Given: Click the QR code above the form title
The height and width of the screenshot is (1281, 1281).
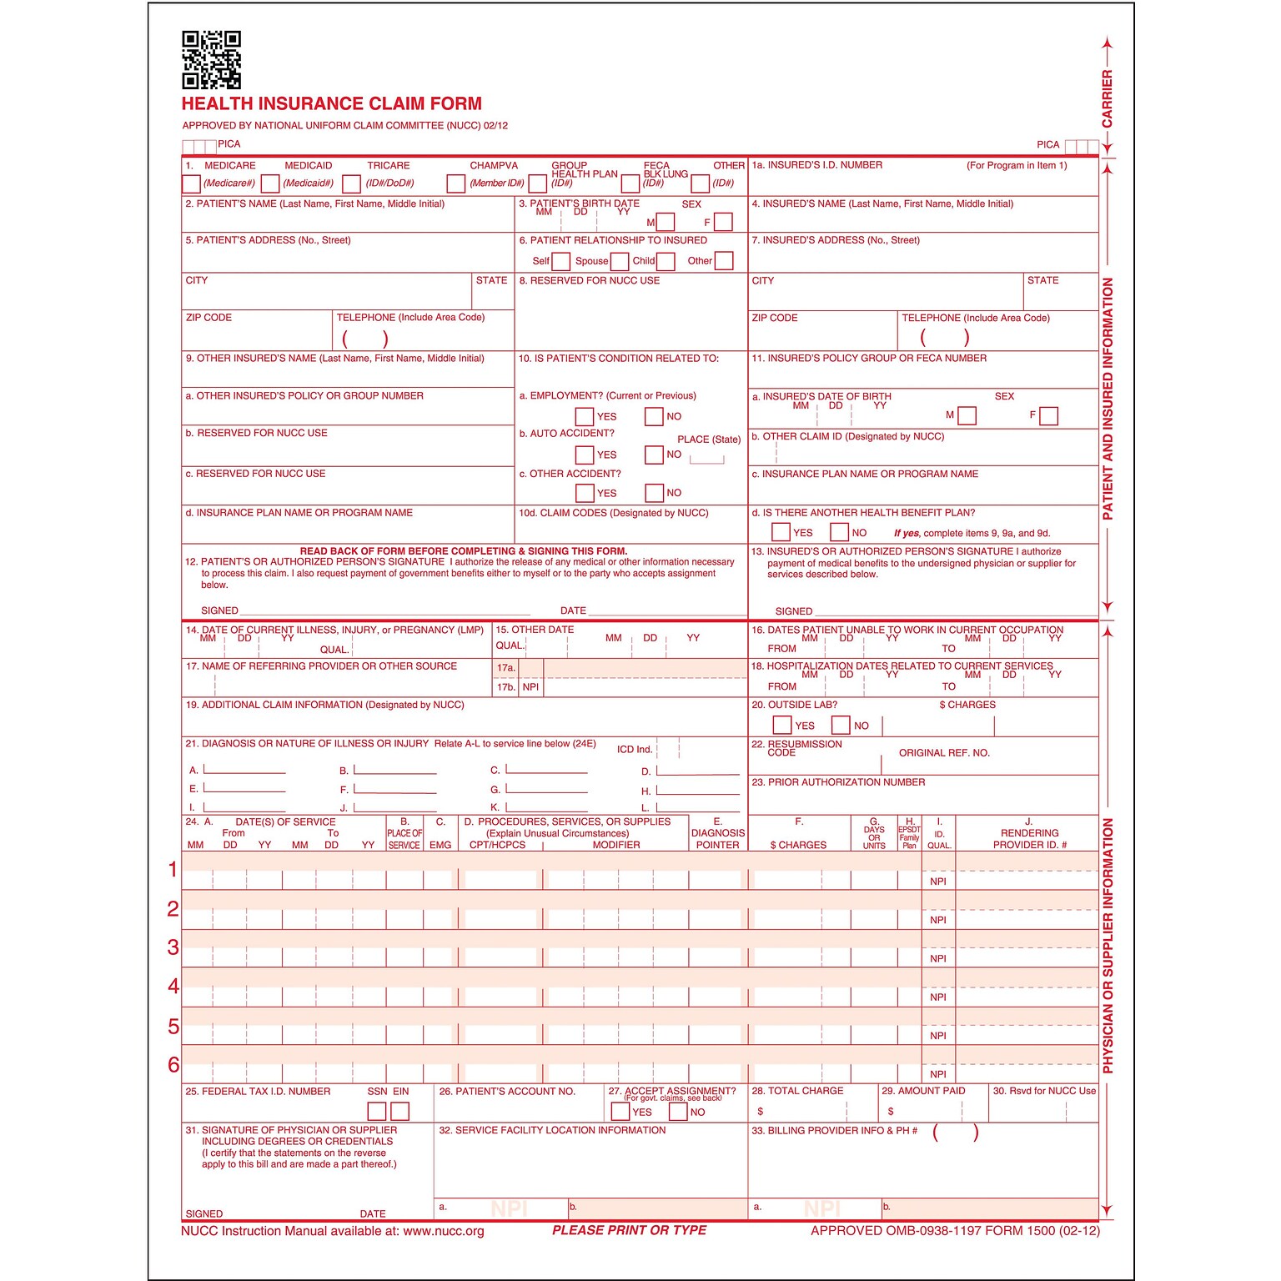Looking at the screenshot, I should (x=212, y=60).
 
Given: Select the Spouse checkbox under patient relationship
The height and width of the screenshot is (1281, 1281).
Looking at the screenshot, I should (x=620, y=261).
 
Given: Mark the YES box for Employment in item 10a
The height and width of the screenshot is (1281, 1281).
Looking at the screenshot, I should (x=585, y=416).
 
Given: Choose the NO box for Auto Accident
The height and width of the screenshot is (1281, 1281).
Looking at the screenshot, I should (x=654, y=455).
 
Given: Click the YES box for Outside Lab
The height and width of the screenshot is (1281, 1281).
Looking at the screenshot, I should (x=782, y=726).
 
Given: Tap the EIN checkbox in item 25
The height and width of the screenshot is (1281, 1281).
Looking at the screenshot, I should (x=400, y=1111).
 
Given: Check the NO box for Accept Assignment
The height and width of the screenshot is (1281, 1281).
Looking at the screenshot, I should (x=679, y=1112).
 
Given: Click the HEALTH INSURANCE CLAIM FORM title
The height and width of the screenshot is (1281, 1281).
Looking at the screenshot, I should (x=332, y=104).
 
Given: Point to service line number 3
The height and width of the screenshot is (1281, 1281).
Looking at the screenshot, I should (x=173, y=947).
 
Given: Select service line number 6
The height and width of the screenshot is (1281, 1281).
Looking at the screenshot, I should (x=173, y=1065).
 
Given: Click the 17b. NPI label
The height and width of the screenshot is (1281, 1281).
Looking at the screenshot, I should (x=518, y=687).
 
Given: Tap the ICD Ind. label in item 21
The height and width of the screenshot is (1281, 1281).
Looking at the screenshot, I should (x=635, y=750).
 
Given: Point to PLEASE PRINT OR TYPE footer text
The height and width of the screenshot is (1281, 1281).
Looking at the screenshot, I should (x=629, y=1230).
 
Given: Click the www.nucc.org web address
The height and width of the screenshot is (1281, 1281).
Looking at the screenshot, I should (x=444, y=1231).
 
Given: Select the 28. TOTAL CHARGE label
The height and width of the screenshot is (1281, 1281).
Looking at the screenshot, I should (x=797, y=1091).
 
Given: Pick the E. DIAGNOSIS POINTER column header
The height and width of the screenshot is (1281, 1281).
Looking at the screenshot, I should (x=717, y=833).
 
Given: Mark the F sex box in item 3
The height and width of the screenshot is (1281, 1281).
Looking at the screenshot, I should (x=723, y=222).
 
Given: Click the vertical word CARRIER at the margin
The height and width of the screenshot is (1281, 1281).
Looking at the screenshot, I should (x=1108, y=98).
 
